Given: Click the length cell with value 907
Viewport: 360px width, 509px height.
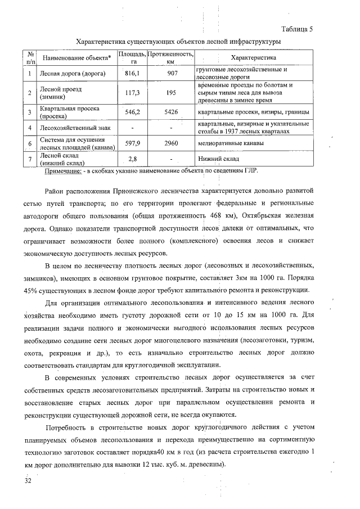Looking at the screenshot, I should tap(172, 73).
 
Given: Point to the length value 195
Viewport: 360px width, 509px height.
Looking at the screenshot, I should tap(172, 92).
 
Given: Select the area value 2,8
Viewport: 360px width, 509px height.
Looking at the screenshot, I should tap(133, 160).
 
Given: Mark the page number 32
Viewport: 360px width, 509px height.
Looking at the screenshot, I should tap(28, 483).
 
